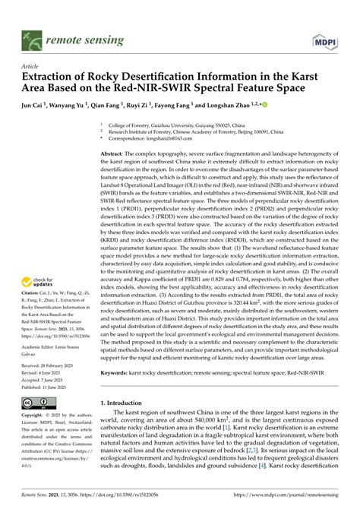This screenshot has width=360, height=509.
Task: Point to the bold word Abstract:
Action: click(x=115, y=153)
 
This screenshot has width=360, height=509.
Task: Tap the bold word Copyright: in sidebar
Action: click(x=34, y=416)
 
